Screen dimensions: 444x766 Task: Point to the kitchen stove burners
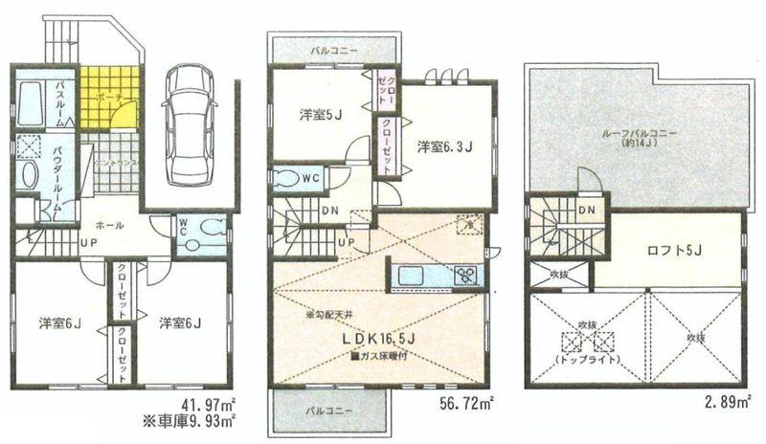tap(466, 276)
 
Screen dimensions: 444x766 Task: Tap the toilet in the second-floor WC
tap(287, 178)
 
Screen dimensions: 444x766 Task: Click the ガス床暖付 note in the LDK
tap(379, 356)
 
